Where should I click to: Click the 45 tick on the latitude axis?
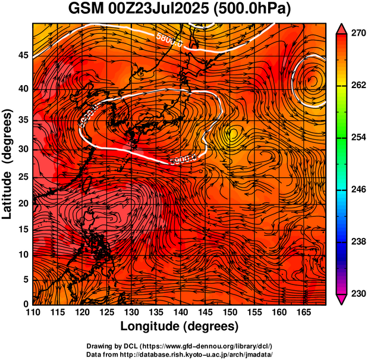(24, 55)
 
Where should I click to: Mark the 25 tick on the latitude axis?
(24, 177)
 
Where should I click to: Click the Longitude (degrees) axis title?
(180, 327)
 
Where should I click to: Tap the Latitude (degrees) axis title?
(8, 164)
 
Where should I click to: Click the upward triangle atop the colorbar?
(341, 27)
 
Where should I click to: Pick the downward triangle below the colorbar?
(341, 300)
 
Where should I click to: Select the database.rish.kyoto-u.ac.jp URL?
(196, 353)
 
